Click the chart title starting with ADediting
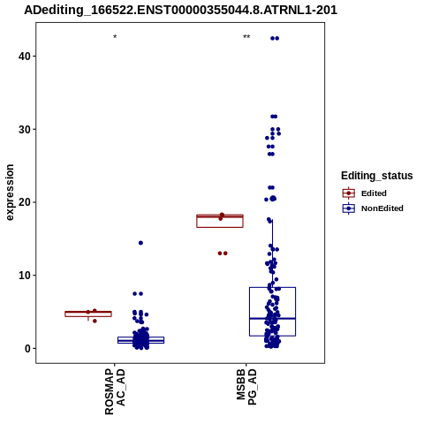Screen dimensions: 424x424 click(180, 11)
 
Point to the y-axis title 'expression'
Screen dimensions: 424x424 click(10, 193)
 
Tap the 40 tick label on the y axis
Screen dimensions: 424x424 click(25, 56)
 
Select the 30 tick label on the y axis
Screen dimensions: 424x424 click(25, 129)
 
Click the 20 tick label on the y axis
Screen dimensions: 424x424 click(25, 202)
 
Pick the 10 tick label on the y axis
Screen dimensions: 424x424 click(25, 276)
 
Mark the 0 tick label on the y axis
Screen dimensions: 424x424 click(28, 348)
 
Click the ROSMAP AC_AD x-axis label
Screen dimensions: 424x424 click(115, 391)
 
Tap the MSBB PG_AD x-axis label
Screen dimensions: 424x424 click(246, 387)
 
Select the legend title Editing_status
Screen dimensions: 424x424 click(377, 176)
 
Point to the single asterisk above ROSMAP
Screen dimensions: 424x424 click(115, 37)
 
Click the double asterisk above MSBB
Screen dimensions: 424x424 click(246, 37)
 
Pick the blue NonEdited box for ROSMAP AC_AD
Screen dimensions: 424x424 click(140, 341)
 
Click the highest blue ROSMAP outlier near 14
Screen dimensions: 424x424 click(140, 243)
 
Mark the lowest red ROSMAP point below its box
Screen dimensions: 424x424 click(95, 321)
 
